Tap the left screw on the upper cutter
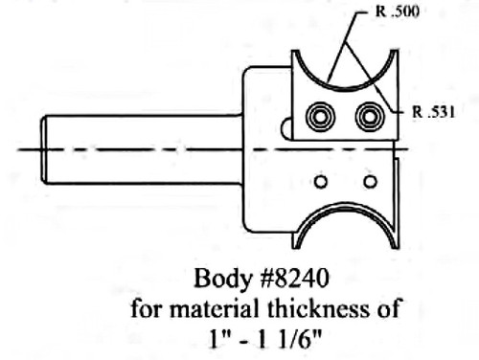tap(318, 118)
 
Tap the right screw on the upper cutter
tap(368, 118)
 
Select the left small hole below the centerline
tap(321, 181)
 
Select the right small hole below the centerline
tap(370, 181)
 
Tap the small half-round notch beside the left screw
tap(285, 127)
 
